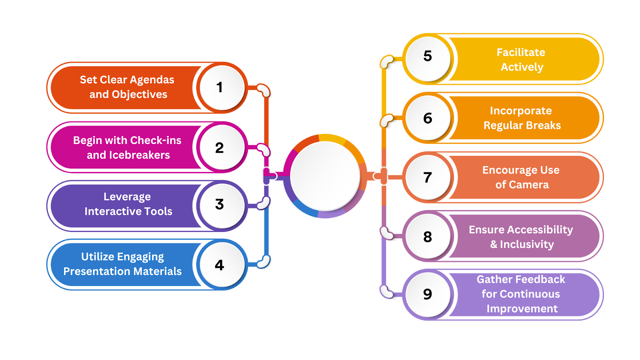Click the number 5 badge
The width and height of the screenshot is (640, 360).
428,56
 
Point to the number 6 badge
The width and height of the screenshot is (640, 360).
428,118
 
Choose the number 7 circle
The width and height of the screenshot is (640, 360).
428,177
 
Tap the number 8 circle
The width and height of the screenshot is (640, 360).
428,237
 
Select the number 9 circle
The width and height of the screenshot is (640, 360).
428,294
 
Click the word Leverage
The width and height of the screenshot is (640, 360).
127,197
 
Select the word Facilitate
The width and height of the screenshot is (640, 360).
521,52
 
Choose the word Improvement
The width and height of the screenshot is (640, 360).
522,309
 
